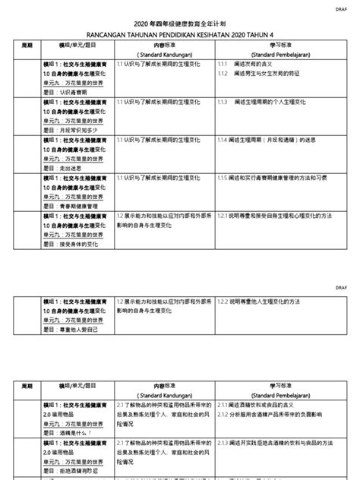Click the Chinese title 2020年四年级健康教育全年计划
tap(180, 24)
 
